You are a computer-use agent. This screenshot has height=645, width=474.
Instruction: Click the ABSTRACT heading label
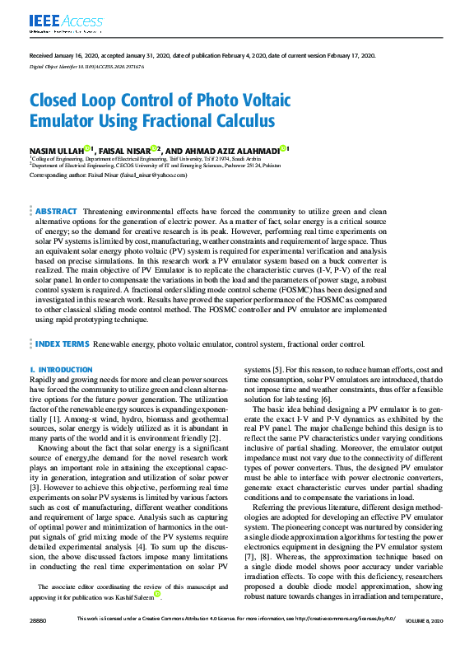click(x=56, y=212)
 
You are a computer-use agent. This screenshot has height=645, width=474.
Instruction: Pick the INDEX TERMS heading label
click(x=62, y=343)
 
